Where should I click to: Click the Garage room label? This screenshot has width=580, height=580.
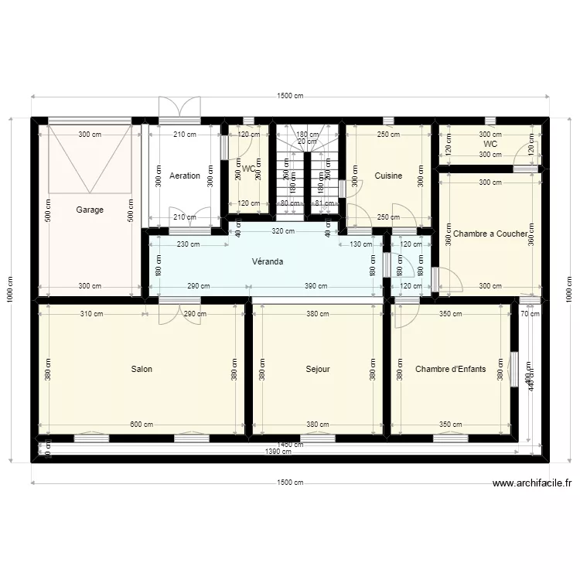90,210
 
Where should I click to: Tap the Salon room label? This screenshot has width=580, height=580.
142,369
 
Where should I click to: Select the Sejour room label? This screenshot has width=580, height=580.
318,369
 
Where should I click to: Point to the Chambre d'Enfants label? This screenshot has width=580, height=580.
451,369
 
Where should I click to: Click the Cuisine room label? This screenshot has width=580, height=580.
388,176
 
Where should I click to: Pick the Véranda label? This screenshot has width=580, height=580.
267,261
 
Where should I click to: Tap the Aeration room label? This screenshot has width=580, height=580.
185,176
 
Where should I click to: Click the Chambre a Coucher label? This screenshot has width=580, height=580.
490,234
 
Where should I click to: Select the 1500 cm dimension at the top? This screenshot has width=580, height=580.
290,96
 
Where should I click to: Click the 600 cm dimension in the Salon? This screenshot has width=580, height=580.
142,425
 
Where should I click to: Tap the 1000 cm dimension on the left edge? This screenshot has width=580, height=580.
10,290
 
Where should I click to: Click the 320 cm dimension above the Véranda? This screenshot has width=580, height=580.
284,231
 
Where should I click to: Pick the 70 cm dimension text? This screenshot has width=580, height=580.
530,314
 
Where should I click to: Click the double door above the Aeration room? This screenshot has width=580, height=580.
180,108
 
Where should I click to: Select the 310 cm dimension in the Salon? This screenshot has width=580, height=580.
91,314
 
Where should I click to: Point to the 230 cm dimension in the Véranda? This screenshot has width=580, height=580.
189,244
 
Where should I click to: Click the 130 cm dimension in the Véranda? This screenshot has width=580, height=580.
361,244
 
